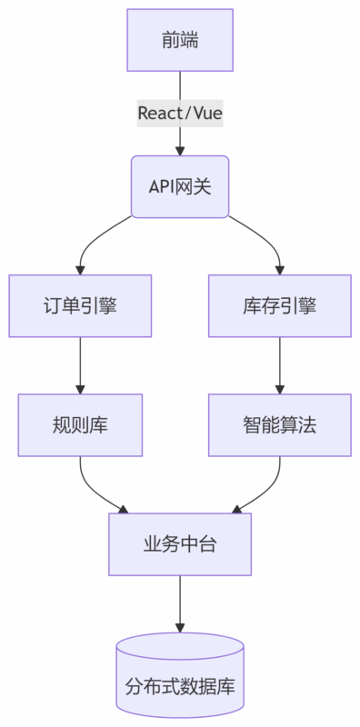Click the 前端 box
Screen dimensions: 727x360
(180, 40)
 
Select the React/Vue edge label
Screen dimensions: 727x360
(180, 114)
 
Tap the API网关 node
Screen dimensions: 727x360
(180, 186)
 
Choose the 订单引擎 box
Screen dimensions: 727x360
(80, 305)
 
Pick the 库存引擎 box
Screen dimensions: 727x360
(280, 305)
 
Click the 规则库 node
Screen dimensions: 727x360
(80, 424)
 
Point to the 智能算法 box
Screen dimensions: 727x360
(280, 424)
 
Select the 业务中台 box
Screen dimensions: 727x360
(180, 543)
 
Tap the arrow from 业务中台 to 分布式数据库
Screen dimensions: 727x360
(180, 603)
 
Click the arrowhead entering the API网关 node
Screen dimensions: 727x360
(180, 149)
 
